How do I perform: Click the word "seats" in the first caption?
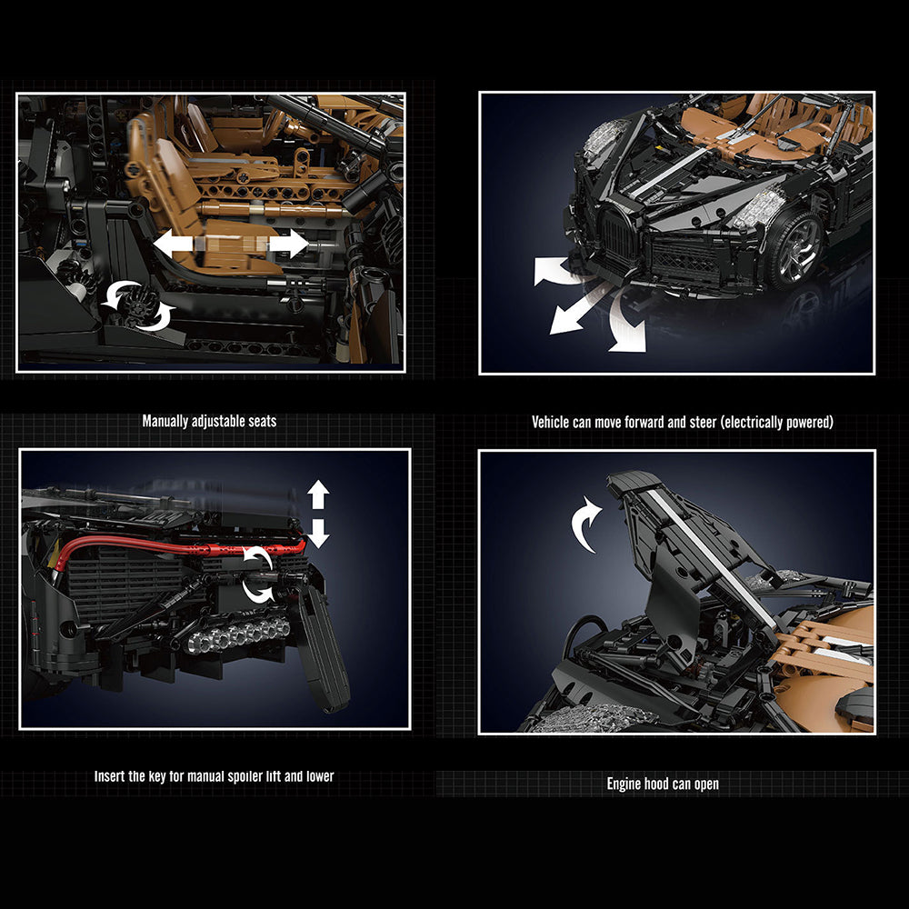tap(262, 421)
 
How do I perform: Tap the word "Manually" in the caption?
tap(165, 422)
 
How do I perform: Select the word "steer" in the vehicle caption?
tap(702, 422)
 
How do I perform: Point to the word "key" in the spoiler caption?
tap(156, 776)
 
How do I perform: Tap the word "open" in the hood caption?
tap(706, 784)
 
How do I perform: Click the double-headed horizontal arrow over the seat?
tap(231, 243)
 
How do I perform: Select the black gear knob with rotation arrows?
tap(138, 304)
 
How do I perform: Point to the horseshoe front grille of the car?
tap(617, 237)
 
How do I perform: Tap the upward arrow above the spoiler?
tap(317, 494)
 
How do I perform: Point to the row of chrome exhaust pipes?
tap(237, 634)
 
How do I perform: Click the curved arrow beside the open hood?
tap(585, 524)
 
